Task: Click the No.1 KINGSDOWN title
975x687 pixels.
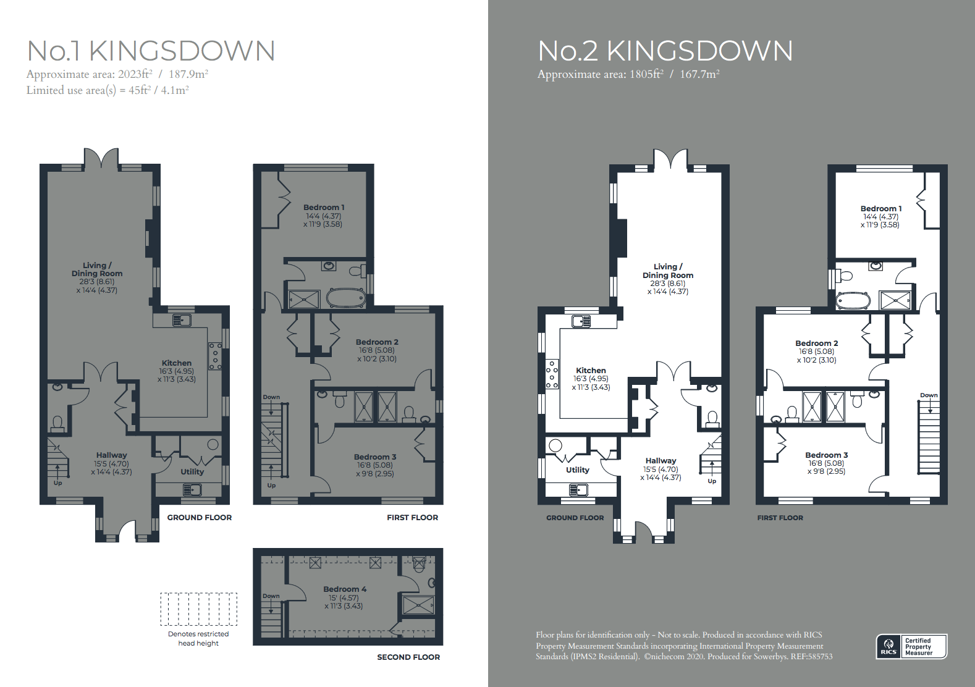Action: [x=151, y=51]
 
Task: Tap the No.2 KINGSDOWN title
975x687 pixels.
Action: [x=665, y=51]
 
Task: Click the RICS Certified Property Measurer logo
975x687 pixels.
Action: [x=911, y=647]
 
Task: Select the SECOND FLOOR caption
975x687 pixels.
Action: [x=408, y=657]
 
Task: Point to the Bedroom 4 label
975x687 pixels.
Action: [x=345, y=589]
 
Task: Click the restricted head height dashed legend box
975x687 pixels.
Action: [x=198, y=609]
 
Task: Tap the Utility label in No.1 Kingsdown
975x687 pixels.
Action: [x=192, y=471]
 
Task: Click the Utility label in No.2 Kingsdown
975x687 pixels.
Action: [x=577, y=470]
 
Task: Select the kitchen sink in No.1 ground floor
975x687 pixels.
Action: [x=182, y=320]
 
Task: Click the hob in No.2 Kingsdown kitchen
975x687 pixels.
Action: [x=552, y=374]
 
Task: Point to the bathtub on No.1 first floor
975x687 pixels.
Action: [x=346, y=298]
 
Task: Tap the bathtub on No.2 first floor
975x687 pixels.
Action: [x=853, y=301]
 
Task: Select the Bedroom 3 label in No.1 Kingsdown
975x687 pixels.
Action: [x=375, y=457]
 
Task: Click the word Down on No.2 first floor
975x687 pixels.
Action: [x=929, y=395]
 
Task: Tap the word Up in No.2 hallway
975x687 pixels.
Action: [x=712, y=481]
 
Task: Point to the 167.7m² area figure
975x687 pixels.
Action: [x=699, y=74]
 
